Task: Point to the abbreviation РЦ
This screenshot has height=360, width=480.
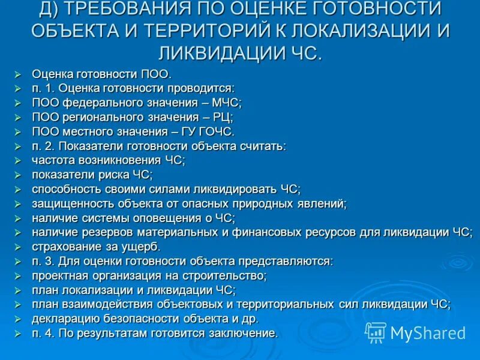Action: [x=223, y=117]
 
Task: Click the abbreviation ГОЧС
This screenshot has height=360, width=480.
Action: [x=215, y=131]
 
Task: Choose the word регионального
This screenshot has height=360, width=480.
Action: [x=97, y=117]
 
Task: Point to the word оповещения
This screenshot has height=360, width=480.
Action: [x=153, y=218]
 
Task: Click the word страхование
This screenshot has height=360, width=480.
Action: [x=64, y=247]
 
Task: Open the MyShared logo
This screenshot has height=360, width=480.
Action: [x=415, y=332]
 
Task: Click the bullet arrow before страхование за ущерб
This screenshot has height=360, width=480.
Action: [x=18, y=247]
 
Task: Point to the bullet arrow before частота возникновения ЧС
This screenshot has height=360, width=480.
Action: [x=18, y=161]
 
